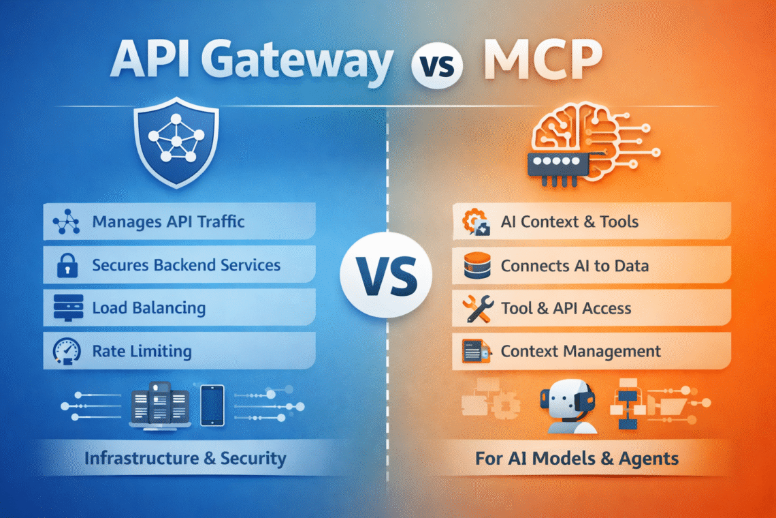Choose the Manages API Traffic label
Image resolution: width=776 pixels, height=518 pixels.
[x=168, y=222]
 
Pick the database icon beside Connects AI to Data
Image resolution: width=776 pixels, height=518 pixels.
[x=473, y=266]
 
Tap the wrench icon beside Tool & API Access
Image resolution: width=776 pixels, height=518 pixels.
[x=474, y=309]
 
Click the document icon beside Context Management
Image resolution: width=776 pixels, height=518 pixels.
[x=474, y=352]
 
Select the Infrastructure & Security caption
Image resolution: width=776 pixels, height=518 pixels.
[x=184, y=458]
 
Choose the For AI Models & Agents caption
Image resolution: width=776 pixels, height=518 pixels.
[x=577, y=458]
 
